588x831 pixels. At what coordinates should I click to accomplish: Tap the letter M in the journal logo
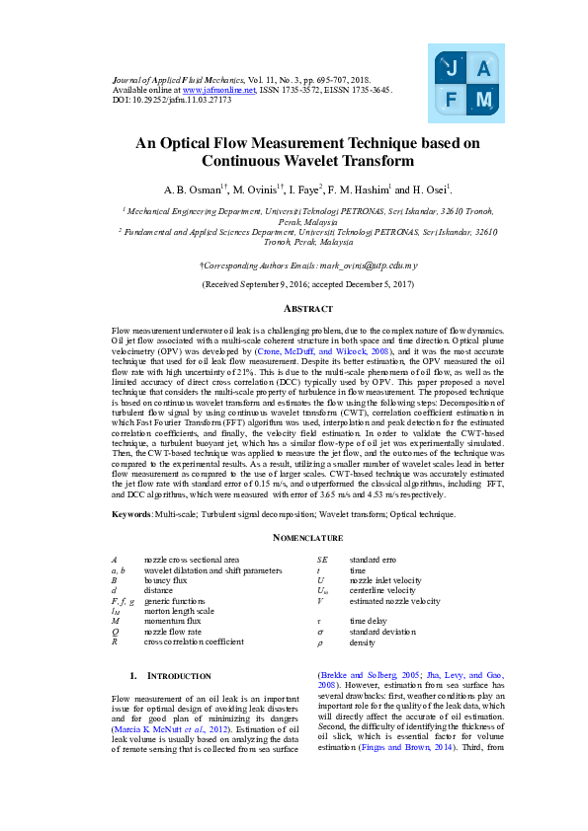pyautogui.click(x=483, y=100)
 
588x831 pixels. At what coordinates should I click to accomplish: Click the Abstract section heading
pyautogui.click(x=294, y=308)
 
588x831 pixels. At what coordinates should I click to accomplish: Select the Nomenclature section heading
pyautogui.click(x=294, y=538)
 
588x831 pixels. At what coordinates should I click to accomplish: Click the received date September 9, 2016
pyautogui.click(x=268, y=284)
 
